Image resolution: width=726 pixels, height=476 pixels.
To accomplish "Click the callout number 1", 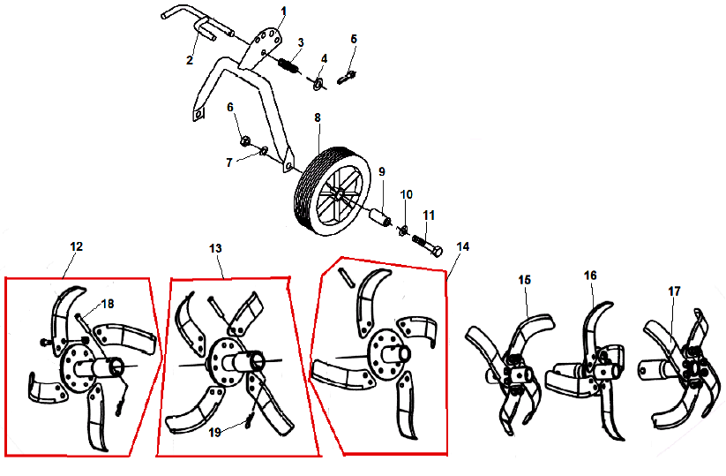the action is click(284, 11).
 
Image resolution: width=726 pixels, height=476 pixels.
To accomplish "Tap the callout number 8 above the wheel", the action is click(318, 117).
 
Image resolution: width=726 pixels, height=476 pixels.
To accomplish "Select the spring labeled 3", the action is click(289, 64).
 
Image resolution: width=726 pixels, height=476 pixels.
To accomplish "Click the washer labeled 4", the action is click(318, 84).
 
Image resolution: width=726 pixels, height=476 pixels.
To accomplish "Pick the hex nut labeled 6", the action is click(245, 139).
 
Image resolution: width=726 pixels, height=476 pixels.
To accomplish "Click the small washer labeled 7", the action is click(264, 151).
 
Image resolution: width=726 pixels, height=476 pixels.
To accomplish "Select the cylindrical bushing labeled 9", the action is click(379, 218).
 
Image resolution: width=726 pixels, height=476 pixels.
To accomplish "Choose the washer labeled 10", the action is click(403, 229).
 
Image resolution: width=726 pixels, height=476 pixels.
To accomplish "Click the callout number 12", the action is click(77, 246).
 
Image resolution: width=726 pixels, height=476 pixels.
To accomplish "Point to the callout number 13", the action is click(215, 249).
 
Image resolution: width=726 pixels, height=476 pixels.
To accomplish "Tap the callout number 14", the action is click(462, 247).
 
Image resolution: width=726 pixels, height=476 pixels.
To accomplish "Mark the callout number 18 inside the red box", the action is click(108, 304).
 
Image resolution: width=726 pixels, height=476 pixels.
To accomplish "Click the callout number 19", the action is click(215, 433).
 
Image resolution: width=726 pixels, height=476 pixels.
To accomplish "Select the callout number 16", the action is click(590, 276).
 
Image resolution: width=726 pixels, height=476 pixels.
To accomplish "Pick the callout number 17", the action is click(674, 291).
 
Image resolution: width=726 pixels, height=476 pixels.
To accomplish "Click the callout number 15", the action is click(524, 280).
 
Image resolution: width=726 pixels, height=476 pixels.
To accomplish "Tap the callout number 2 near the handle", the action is click(190, 60).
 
